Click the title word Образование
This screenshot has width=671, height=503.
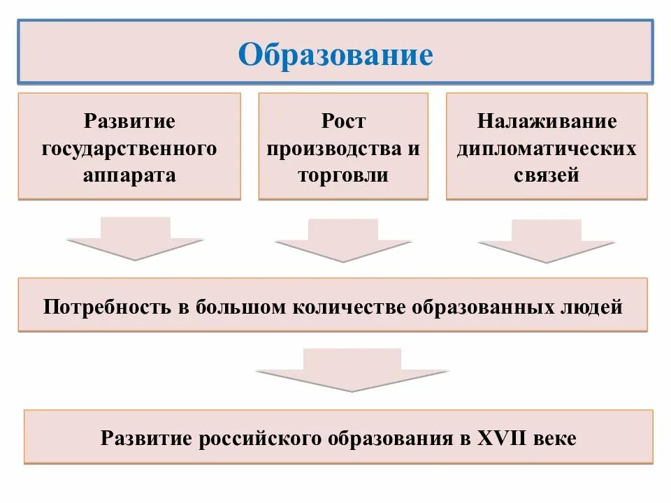(335, 54)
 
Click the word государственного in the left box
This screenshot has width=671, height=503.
(129, 148)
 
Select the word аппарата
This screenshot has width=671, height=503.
(129, 175)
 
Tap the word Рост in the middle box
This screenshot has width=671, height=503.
(343, 122)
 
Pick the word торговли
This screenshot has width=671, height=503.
(343, 175)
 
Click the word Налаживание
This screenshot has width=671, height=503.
(547, 122)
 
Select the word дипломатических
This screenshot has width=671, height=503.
(547, 148)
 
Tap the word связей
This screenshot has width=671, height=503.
(547, 175)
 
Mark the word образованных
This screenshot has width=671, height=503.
(491, 307)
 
